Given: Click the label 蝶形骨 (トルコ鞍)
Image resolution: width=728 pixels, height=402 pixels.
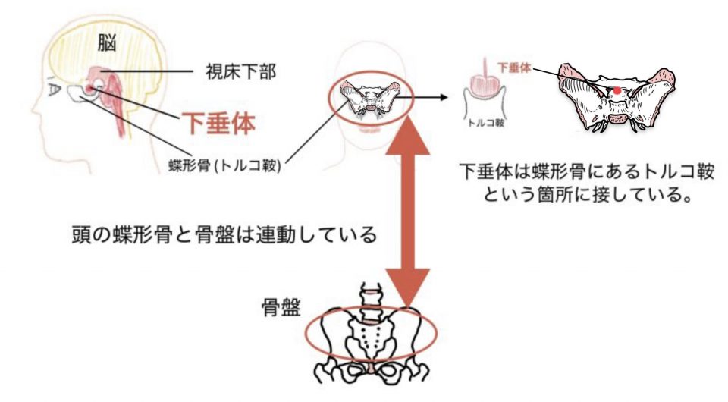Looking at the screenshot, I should click(x=226, y=165).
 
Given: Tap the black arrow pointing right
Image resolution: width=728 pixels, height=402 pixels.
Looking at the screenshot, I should click(x=431, y=96).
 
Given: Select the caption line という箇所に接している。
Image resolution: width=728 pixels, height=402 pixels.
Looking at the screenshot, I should click(x=586, y=196).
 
